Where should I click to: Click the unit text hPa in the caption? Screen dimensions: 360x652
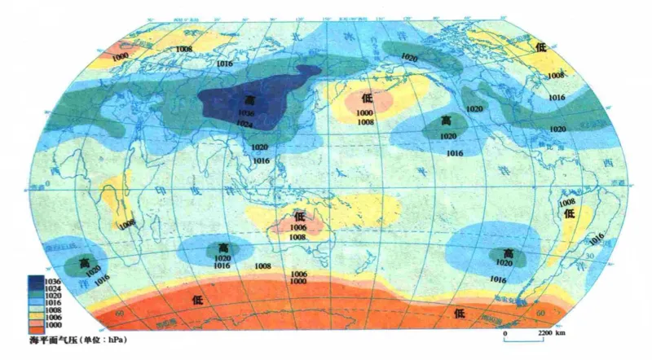(x=117, y=336)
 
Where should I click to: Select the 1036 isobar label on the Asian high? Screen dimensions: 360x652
(x=247, y=112)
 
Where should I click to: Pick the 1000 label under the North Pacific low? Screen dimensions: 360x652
(x=364, y=112)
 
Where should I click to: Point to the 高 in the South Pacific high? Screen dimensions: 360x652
(x=509, y=253)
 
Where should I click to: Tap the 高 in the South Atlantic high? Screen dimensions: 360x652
(x=84, y=262)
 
